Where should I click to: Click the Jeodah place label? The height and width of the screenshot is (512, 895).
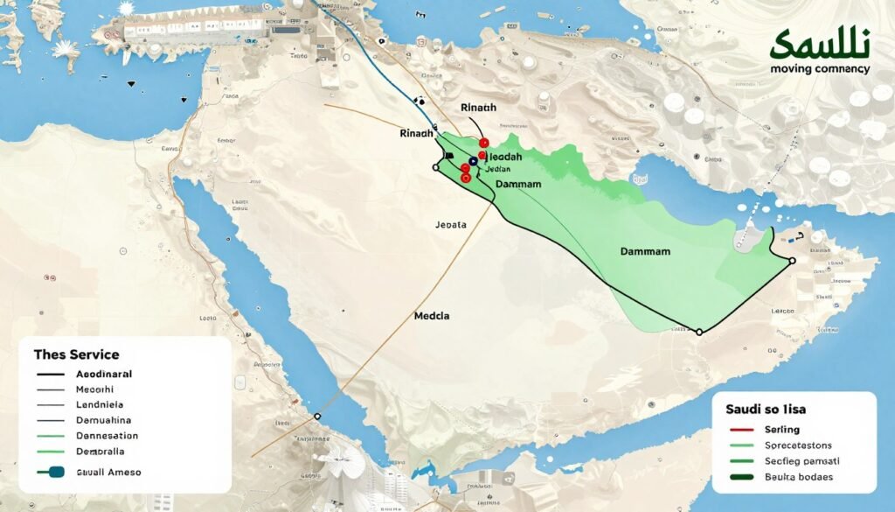pyautogui.click(x=503, y=156)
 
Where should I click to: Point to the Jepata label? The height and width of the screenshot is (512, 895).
pyautogui.click(x=451, y=225)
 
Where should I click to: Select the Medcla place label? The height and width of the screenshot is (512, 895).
pyautogui.click(x=432, y=316)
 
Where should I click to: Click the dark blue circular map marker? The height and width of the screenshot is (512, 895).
pyautogui.click(x=473, y=161)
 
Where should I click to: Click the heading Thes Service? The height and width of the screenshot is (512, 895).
pyautogui.click(x=76, y=354)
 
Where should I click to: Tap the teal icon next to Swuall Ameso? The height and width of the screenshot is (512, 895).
pyautogui.click(x=52, y=472)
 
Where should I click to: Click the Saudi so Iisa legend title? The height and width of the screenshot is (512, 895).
pyautogui.click(x=767, y=408)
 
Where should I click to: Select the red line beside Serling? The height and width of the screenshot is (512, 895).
pyautogui.click(x=740, y=431)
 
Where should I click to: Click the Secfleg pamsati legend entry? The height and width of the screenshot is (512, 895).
pyautogui.click(x=801, y=460)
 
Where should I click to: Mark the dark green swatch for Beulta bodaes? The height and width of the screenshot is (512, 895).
pyautogui.click(x=740, y=477)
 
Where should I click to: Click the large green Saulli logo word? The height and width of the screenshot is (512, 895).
pyautogui.click(x=820, y=44)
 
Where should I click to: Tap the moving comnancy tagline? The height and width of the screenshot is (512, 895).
pyautogui.click(x=820, y=68)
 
